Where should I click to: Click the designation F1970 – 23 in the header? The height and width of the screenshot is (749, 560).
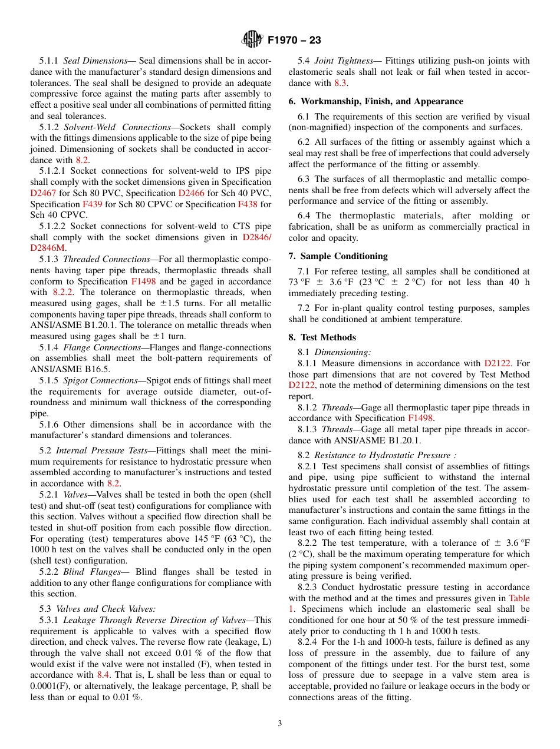[294, 41]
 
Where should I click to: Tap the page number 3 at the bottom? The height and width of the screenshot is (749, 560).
[280, 723]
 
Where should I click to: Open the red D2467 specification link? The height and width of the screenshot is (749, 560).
[42, 193]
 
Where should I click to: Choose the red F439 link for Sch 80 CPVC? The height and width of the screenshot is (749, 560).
[92, 204]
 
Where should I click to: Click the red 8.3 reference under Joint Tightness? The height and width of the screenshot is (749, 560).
[341, 83]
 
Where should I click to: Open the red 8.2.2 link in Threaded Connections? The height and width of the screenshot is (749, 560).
[64, 292]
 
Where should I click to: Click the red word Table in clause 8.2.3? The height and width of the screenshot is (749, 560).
[519, 598]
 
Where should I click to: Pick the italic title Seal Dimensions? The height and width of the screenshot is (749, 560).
[95, 61]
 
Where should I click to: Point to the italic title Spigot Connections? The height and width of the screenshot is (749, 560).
[100, 380]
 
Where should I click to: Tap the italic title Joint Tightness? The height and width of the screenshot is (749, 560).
[344, 61]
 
